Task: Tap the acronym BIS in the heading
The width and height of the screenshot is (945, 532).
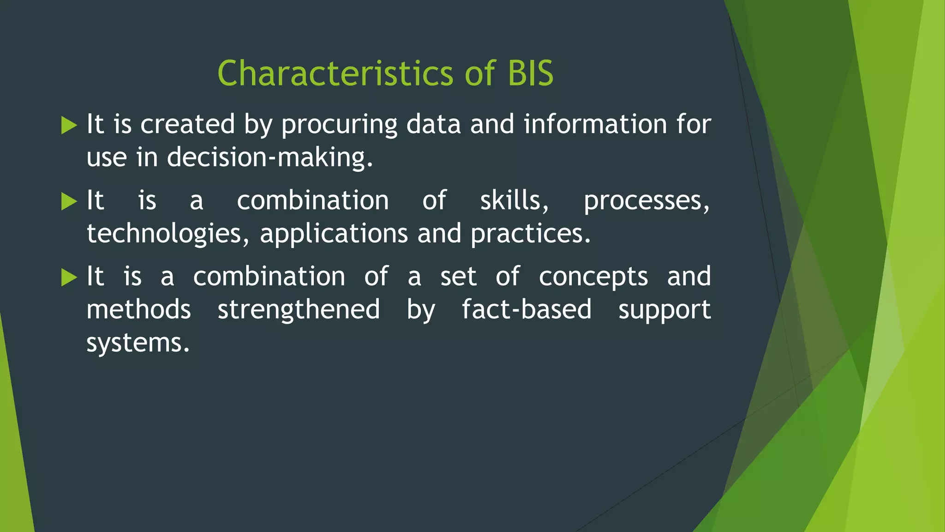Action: (530, 73)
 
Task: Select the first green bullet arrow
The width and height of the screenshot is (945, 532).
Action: (69, 126)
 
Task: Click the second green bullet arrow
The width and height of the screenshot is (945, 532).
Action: (69, 201)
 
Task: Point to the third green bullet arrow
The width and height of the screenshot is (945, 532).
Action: (69, 278)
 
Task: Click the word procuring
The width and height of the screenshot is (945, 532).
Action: (339, 125)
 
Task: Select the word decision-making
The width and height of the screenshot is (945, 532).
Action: (269, 157)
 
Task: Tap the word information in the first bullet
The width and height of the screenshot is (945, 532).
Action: (595, 124)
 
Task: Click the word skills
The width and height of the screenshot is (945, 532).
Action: (514, 200)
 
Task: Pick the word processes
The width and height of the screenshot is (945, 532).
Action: (646, 201)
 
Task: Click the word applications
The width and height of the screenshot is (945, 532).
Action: (334, 234)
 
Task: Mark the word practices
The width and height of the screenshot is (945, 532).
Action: (530, 234)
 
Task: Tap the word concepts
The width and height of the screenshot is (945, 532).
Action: (593, 277)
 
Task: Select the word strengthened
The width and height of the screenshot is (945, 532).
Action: (299, 309)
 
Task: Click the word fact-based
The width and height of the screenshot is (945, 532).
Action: (526, 309)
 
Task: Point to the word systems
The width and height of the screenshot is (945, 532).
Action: (138, 343)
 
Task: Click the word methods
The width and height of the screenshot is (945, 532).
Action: (138, 309)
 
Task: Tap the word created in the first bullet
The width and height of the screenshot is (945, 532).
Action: (187, 124)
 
